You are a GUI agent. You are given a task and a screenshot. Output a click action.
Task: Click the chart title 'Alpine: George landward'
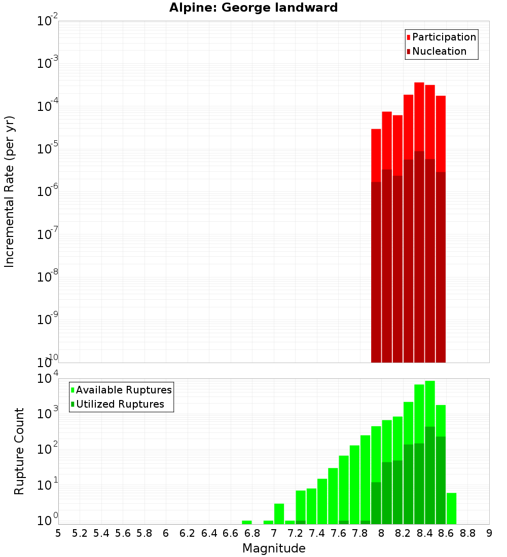[x=253, y=8]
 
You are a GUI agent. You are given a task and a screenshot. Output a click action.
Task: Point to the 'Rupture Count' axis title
[x=19, y=451]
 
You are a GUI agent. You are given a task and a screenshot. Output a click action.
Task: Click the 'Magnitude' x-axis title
[x=274, y=548]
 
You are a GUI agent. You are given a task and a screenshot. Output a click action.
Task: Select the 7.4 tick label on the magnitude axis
[x=317, y=533]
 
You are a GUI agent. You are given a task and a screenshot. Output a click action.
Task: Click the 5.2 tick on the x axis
[x=80, y=533]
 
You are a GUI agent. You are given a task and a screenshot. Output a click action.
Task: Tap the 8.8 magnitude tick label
[x=467, y=533]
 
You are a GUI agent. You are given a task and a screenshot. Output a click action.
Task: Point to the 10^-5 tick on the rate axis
[x=48, y=149]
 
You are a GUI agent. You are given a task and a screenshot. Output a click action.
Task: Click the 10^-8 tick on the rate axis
[x=48, y=277]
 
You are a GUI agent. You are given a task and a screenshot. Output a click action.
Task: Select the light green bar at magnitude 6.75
[x=247, y=522]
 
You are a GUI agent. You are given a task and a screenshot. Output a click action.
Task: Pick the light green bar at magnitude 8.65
[x=451, y=508]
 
